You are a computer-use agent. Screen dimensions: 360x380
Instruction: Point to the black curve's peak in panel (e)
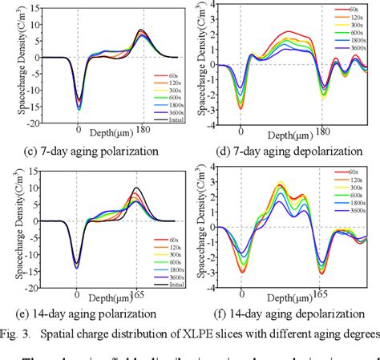(x=135, y=188)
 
